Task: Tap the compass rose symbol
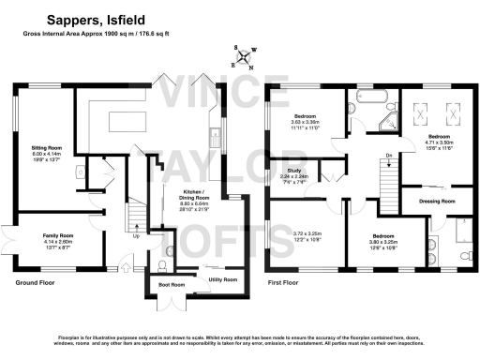pos(246,59)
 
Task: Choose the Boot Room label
pos(172,284)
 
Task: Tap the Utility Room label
pos(222,279)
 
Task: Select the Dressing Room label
pos(437,201)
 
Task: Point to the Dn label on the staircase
pos(388,156)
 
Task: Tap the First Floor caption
pos(287,280)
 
